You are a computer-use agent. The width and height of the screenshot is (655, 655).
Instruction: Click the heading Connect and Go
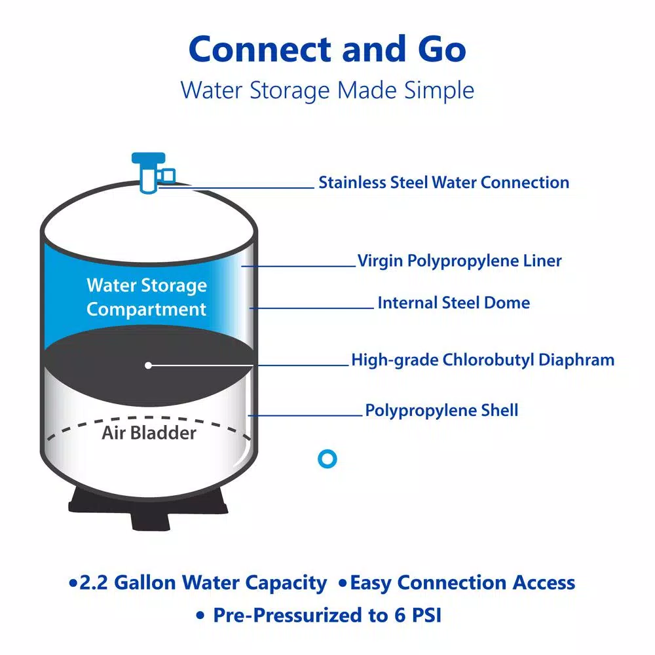(327, 49)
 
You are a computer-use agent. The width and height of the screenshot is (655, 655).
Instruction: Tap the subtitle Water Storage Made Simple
(327, 90)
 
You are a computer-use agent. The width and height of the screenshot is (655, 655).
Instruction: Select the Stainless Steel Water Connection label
(443, 183)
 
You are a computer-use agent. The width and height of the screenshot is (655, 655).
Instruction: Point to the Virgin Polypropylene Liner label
(460, 261)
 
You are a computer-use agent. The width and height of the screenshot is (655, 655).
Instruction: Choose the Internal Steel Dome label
(454, 303)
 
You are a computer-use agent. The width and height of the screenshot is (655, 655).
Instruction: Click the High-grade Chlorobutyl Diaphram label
(483, 360)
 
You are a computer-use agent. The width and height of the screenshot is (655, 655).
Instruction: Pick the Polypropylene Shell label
(441, 411)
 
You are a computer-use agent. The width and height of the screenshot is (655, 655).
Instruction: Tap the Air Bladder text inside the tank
(149, 433)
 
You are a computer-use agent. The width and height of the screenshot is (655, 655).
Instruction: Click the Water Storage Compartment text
(147, 297)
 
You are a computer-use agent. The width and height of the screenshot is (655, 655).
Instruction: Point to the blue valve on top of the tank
(152, 172)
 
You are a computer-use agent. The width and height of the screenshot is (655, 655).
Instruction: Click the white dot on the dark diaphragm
(148, 365)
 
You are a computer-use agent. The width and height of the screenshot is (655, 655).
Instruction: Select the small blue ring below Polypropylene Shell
(327, 458)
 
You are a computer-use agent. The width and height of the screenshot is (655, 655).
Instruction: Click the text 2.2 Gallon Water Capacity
(203, 583)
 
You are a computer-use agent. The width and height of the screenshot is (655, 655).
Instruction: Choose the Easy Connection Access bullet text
(462, 583)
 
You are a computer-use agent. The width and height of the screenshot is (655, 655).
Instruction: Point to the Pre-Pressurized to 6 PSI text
(327, 615)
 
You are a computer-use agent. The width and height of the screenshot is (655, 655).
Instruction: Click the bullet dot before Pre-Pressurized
(200, 616)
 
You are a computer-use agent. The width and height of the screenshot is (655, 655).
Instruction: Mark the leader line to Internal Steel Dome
(312, 309)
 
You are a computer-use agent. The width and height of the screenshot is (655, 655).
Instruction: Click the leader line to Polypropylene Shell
(305, 415)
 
